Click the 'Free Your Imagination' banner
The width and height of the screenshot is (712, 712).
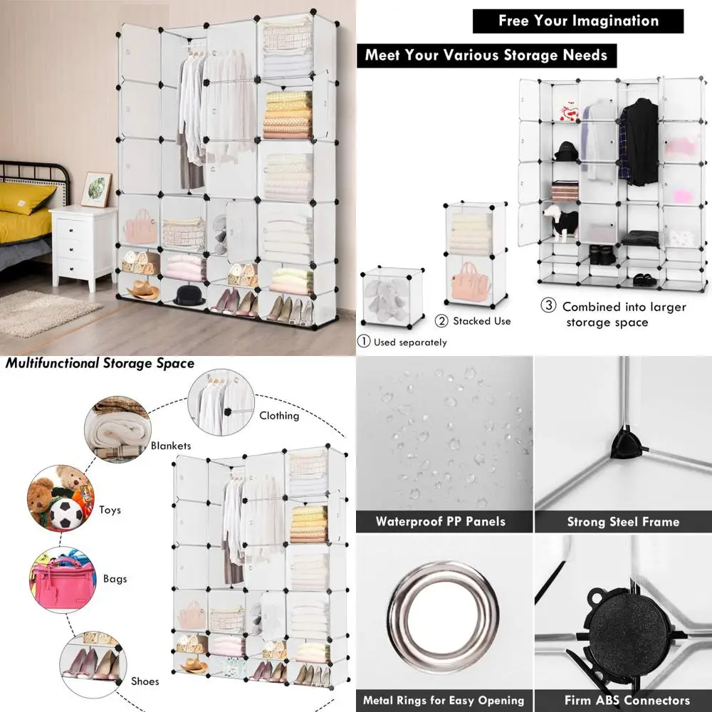coord(577,21)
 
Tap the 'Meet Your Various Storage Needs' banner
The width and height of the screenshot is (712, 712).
coord(486,55)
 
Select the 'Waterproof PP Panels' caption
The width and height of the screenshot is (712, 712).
coord(441,522)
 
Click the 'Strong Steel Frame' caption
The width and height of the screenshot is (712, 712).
coord(623,522)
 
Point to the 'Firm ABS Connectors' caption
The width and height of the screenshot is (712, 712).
coord(627,700)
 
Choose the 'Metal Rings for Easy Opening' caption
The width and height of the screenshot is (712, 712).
coord(444,700)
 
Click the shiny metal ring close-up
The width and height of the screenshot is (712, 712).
coord(436,607)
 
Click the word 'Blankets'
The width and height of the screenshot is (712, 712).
coord(171,446)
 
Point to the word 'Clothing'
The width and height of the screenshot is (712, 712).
coord(279,415)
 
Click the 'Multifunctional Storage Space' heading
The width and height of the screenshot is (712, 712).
coord(100,364)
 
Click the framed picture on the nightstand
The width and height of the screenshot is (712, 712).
coord(95,189)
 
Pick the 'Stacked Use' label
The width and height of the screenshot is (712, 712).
coord(482,321)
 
